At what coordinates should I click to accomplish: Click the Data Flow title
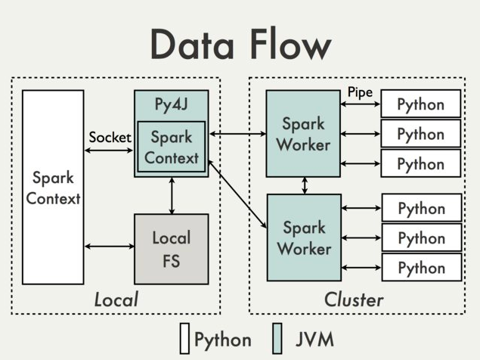click(241, 44)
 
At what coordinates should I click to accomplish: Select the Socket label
click(110, 137)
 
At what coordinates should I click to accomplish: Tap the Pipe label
click(360, 92)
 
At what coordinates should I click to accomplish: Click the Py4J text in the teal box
click(171, 104)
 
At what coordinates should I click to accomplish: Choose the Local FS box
click(172, 249)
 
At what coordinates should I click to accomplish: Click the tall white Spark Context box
click(53, 188)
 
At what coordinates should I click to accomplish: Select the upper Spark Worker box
click(303, 134)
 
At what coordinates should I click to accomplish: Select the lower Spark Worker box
click(304, 237)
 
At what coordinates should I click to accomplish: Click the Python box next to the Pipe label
click(420, 104)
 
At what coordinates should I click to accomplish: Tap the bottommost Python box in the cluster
click(422, 267)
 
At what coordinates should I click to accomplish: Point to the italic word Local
click(116, 299)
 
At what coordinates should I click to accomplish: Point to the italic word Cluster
click(354, 299)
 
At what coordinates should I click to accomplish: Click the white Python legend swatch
click(184, 339)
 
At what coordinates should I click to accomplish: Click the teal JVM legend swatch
click(277, 339)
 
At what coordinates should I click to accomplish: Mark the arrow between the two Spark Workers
click(305, 185)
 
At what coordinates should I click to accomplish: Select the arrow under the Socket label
click(109, 151)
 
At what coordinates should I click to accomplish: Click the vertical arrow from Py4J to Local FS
click(172, 195)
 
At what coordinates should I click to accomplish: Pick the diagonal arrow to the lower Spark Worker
click(237, 194)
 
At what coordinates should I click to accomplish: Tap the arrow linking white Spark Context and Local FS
click(110, 246)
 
